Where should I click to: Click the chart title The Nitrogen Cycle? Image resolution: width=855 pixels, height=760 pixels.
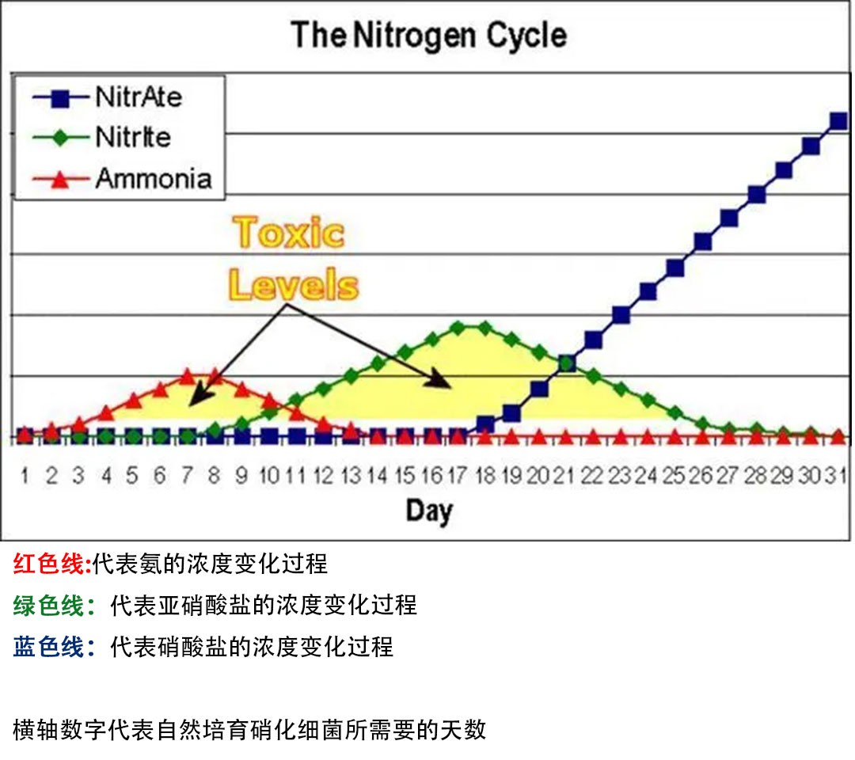(x=428, y=36)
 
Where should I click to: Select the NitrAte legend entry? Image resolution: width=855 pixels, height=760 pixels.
(x=139, y=97)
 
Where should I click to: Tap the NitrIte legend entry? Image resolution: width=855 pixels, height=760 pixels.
(x=132, y=137)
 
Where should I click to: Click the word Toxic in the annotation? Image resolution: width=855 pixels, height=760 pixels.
(x=290, y=233)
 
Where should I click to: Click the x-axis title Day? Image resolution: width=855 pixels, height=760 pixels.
(x=429, y=511)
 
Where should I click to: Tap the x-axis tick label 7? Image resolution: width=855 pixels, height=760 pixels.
(x=187, y=476)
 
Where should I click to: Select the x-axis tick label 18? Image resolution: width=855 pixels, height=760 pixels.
(x=484, y=476)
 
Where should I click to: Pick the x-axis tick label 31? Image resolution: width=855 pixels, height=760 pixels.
(x=838, y=476)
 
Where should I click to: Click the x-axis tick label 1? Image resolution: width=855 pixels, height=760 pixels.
(x=25, y=476)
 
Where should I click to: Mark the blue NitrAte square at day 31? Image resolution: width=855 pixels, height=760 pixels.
(x=838, y=121)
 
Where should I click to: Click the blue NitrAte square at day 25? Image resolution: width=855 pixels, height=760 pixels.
(x=674, y=268)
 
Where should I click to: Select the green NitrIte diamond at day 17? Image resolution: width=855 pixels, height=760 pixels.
(x=458, y=327)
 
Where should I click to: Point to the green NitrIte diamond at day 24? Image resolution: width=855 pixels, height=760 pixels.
(x=648, y=400)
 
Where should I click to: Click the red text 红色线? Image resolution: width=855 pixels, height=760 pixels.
(x=50, y=564)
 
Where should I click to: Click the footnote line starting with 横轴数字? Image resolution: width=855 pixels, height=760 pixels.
(x=249, y=729)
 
